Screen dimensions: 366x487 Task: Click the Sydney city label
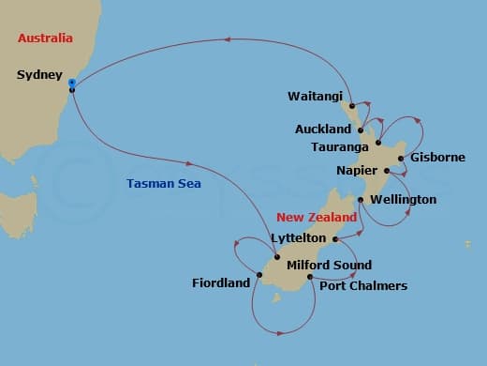39,74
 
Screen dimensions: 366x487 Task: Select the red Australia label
45,38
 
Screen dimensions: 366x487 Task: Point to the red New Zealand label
317,217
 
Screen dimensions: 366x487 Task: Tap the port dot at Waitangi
351,106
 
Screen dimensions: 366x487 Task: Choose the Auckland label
323,129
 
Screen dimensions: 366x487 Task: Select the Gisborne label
437,158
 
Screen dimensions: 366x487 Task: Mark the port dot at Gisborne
401,158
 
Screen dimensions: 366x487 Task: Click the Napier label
357,171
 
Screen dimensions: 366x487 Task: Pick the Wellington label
403,200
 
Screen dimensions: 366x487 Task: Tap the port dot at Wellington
361,200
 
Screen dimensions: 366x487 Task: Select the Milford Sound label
329,266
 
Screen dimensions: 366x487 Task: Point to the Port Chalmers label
363,286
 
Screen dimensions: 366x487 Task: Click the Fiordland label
221,282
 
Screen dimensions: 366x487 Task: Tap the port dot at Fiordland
258,275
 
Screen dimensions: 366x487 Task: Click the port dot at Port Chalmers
310,277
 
